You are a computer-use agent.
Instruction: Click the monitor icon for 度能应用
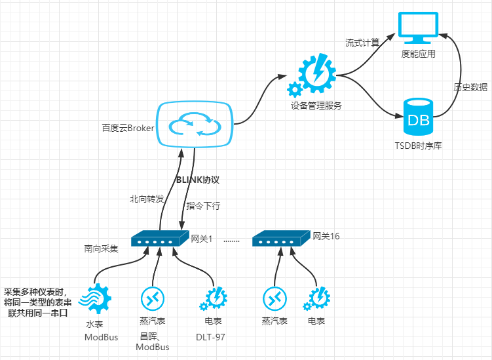point(417,28)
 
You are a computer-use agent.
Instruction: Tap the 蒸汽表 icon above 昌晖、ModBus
point(152,300)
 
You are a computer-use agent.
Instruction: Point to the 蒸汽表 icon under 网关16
point(274,300)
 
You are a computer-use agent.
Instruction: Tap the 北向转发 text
point(146,199)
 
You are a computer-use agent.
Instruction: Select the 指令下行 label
point(203,206)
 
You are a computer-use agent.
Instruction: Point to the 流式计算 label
point(362,43)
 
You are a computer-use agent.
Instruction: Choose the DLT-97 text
point(212,337)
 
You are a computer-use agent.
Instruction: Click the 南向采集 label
point(101,249)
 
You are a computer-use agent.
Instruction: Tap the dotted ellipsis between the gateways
point(232,241)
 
